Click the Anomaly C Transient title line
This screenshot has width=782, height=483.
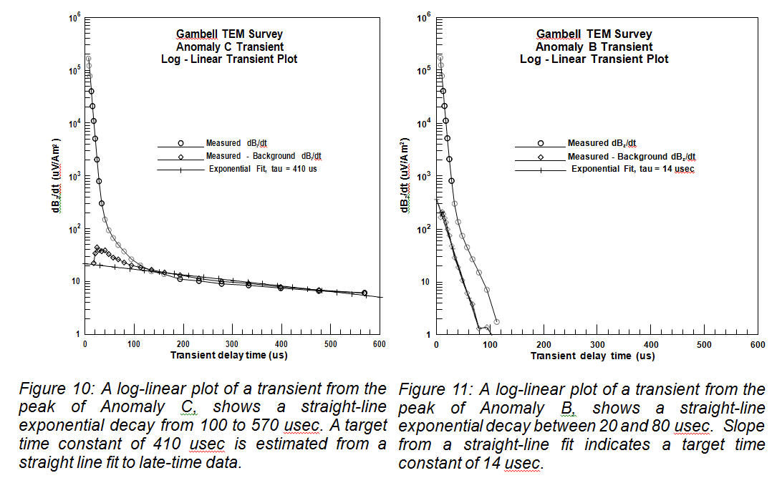pyautogui.click(x=229, y=47)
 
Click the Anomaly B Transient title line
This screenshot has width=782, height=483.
pyautogui.click(x=594, y=47)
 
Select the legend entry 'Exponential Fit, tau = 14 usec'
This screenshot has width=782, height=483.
pyautogui.click(x=632, y=169)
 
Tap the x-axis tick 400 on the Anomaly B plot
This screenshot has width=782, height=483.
pyautogui.click(x=651, y=344)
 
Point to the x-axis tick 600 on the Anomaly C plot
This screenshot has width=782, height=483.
pyautogui.click(x=380, y=344)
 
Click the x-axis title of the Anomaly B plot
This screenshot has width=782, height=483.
pyautogui.click(x=593, y=356)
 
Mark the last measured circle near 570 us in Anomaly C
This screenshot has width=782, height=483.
pyautogui.click(x=365, y=293)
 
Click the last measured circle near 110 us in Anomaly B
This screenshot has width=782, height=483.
pyautogui.click(x=496, y=322)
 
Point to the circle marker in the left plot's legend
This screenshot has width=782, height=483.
pyautogui.click(x=181, y=143)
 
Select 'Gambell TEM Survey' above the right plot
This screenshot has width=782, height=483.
pyautogui.click(x=594, y=34)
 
